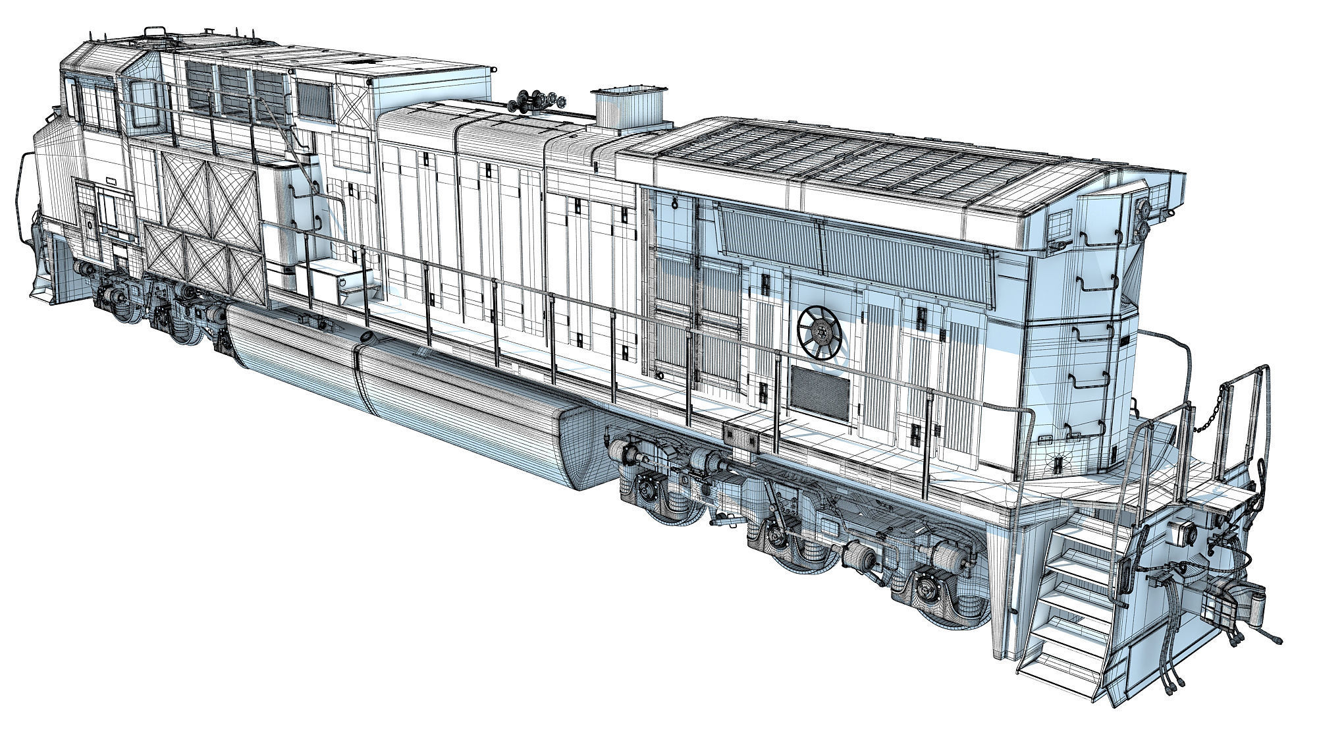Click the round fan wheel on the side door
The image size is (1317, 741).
819,332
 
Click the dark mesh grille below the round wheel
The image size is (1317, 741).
819,390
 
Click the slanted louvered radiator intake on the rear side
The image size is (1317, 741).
856,247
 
